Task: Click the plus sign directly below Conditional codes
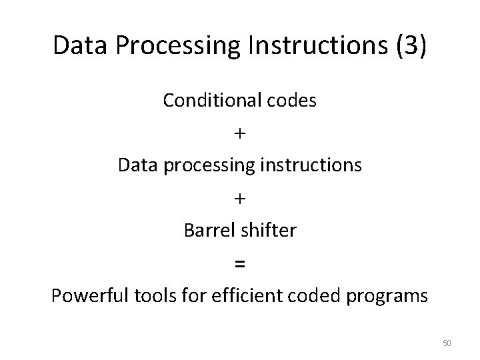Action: [x=240, y=133]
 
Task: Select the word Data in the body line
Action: [x=135, y=165]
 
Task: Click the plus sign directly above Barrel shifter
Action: [x=240, y=198]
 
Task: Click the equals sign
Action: [x=240, y=264]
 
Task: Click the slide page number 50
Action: [x=447, y=343]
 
